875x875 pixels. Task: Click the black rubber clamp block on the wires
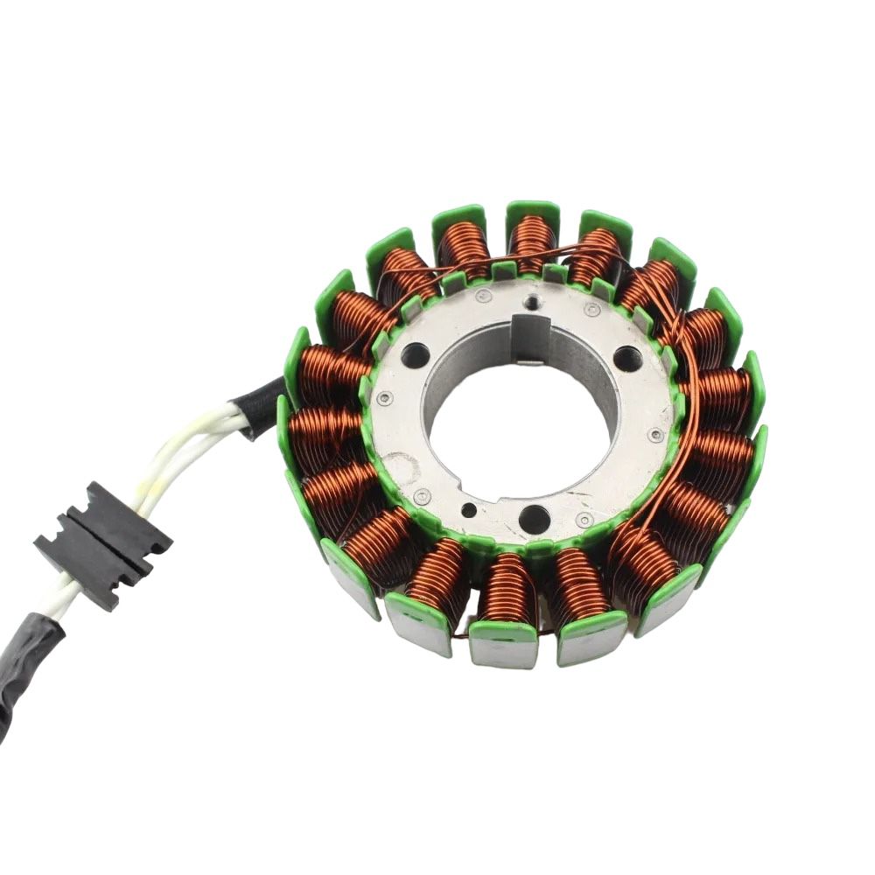pos(103,543)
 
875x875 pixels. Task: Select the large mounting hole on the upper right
pos(627,358)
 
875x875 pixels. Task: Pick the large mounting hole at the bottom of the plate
pos(534,519)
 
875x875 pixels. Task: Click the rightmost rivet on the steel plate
pos(656,435)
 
